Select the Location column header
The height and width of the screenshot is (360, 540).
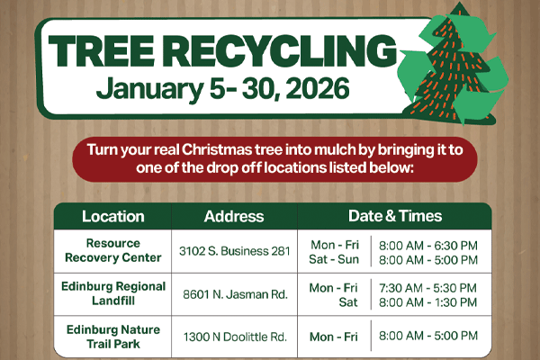click(112, 216)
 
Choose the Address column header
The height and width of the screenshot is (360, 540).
click(234, 216)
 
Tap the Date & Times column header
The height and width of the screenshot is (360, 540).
click(395, 216)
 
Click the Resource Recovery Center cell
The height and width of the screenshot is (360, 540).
click(112, 250)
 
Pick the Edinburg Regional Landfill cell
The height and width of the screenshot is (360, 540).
click(112, 293)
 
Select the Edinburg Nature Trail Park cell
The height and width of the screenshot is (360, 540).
click(112, 336)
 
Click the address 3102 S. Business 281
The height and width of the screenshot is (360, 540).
click(233, 251)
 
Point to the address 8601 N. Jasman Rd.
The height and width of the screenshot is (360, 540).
click(234, 293)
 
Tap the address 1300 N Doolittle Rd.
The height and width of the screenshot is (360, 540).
click(234, 337)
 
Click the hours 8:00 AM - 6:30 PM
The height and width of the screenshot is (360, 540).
click(428, 245)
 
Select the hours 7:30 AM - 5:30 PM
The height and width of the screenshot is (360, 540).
click(428, 287)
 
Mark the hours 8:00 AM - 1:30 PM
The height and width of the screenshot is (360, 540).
click(428, 301)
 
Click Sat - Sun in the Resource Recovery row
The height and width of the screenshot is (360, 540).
click(333, 259)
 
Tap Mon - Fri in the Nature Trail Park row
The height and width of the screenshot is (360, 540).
click(333, 337)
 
